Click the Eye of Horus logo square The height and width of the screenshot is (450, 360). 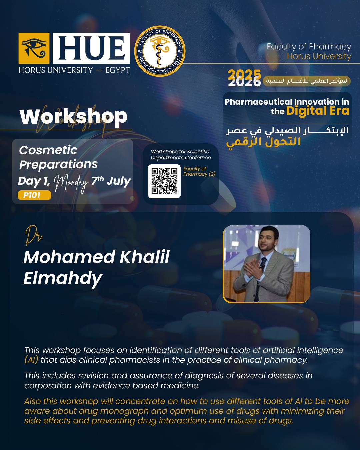[34, 48]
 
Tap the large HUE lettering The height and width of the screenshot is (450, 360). [91, 48]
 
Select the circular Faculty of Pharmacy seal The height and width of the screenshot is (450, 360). [160, 51]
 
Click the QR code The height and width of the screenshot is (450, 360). [164, 181]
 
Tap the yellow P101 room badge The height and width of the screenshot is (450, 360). [34, 195]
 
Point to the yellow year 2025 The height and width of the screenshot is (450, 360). [244, 74]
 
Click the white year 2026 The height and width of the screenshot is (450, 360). [244, 82]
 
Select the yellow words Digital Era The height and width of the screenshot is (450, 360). [318, 111]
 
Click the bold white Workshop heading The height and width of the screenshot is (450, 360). [73, 117]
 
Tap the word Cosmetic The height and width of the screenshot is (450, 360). [48, 150]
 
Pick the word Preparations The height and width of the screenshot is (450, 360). [59, 165]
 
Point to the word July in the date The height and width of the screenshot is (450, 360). [119, 181]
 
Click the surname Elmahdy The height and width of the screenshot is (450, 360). [63, 279]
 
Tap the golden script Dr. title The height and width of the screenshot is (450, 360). [33, 235]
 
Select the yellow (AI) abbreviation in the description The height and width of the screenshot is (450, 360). [31, 360]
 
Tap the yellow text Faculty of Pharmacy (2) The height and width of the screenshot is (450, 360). [199, 171]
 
